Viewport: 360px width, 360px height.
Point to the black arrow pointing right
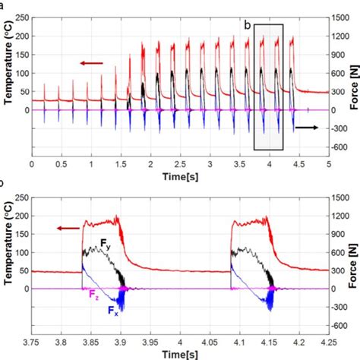pos(308,128)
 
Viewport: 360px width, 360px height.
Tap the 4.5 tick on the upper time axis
pos(299,163)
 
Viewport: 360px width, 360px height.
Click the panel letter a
pos(2,4)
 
